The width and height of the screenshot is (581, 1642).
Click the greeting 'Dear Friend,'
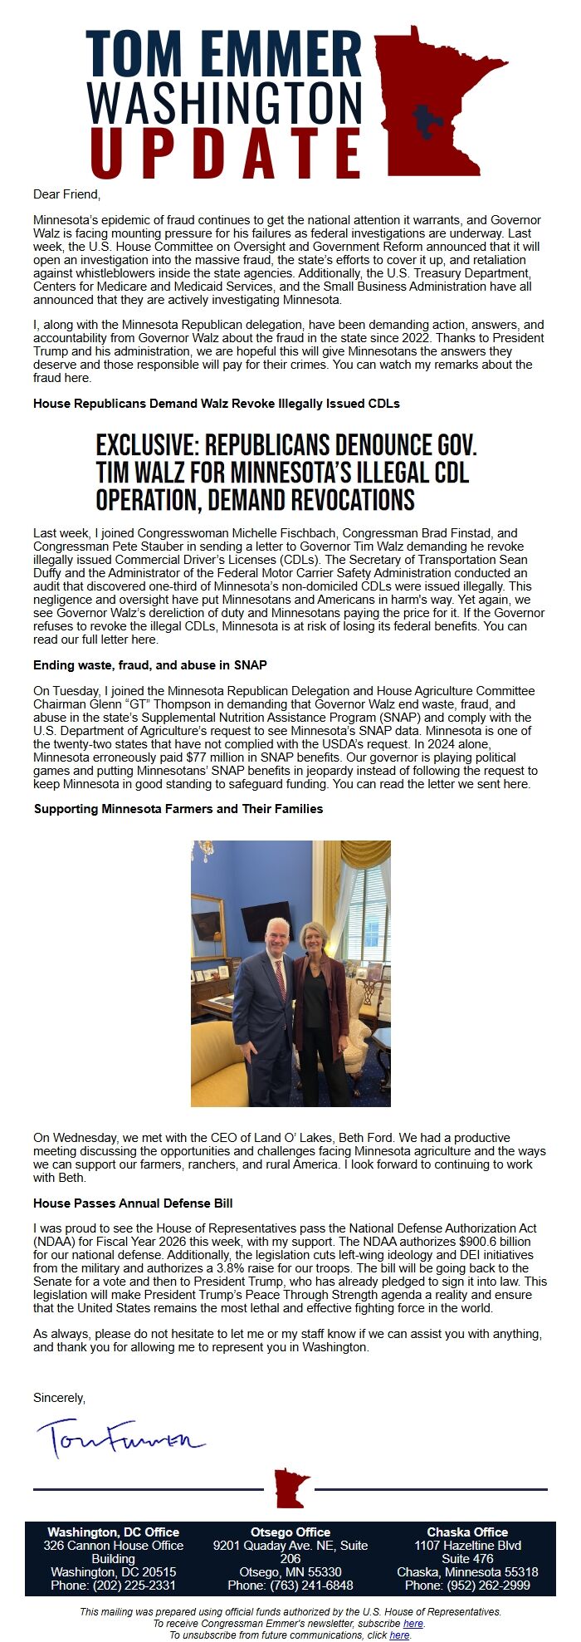(x=66, y=194)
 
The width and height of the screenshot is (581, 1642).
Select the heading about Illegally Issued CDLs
(x=216, y=404)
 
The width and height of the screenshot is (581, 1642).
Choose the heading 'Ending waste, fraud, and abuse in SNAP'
(x=149, y=665)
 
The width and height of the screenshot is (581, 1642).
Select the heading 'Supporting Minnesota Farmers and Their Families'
(x=178, y=808)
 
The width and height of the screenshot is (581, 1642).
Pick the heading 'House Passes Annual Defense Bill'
(x=133, y=1203)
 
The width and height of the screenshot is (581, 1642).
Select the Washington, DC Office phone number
(x=113, y=1586)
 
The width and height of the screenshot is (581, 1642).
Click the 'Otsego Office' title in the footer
(x=290, y=1532)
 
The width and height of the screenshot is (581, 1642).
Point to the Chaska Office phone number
(x=467, y=1586)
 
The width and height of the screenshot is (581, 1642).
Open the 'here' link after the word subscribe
(x=413, y=1623)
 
